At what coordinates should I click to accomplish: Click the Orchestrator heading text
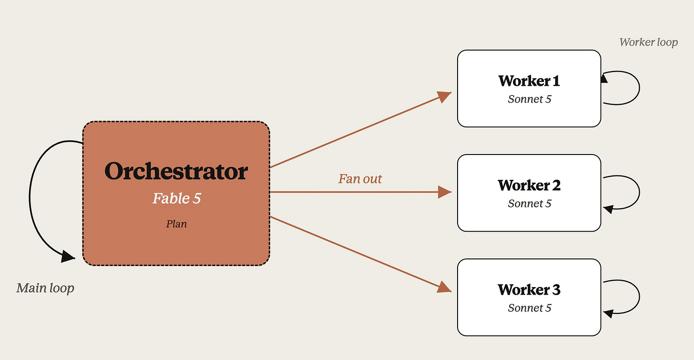pos(176,171)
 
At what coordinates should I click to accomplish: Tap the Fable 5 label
pos(176,198)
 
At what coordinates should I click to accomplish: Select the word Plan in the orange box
pos(176,224)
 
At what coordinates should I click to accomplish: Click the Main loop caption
pos(45,288)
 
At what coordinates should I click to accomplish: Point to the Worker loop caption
pos(648,42)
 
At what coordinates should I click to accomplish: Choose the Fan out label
pos(360,179)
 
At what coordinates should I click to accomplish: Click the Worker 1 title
pos(529,81)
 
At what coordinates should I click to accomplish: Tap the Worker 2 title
pos(529,185)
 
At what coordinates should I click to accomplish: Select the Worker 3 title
pos(529,290)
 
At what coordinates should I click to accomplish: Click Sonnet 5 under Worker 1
pos(530,99)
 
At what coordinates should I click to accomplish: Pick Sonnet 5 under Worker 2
pos(530,204)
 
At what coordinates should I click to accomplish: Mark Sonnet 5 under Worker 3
pos(530,308)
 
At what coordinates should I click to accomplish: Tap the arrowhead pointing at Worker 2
pos(445,192)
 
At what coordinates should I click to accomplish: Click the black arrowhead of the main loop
pos(68,257)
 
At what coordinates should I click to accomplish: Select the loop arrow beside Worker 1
pos(640,88)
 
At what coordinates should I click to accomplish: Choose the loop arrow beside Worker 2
pos(640,192)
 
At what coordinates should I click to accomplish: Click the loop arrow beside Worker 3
pos(640,297)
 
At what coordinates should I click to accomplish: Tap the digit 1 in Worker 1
pos(556,81)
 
